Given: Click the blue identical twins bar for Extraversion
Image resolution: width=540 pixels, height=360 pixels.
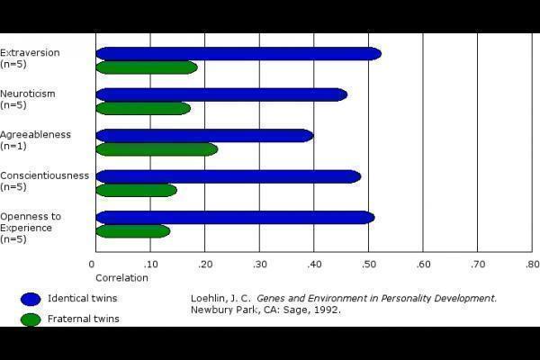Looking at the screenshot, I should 238,53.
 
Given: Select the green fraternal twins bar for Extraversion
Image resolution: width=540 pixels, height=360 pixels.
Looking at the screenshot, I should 146,67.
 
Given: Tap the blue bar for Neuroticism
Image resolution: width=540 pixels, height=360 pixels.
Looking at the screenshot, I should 220,94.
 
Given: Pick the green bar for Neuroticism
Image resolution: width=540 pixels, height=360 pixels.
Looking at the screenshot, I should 142,109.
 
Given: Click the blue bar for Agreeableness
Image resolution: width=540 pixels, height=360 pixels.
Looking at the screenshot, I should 203,136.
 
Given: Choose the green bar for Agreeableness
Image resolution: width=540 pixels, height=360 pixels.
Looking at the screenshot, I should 156,149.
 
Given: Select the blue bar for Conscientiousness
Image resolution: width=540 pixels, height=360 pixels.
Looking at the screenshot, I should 228,176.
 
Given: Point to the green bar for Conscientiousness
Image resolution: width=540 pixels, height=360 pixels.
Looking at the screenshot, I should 136,190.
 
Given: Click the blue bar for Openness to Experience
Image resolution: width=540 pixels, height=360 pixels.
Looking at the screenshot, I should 234,217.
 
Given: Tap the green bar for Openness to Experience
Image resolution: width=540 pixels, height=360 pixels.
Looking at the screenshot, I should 132,231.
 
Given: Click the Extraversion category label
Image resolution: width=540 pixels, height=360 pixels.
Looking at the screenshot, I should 30,52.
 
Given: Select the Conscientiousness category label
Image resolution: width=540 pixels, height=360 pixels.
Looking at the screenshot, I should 44,175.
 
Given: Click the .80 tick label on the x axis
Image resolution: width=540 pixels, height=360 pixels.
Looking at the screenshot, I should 531,264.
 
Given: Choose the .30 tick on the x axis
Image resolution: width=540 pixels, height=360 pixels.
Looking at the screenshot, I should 259,264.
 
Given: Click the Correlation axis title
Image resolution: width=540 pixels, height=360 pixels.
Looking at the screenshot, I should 121,277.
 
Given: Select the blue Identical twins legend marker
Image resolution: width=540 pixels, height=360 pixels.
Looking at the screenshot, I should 31,299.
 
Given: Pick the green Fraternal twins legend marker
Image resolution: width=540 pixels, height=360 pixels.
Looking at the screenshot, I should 31,319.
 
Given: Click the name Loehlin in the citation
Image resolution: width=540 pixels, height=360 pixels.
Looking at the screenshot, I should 209,298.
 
